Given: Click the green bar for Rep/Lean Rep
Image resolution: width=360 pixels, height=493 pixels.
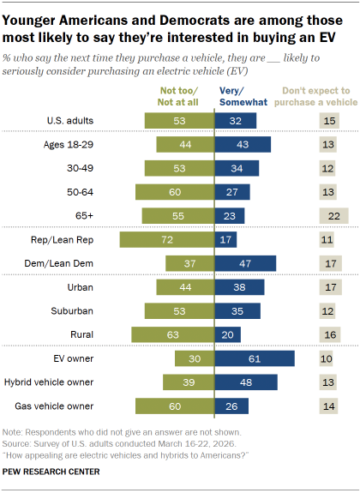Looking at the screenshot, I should point(166,242).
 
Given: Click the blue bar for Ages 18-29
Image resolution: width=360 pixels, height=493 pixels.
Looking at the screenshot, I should point(243,144).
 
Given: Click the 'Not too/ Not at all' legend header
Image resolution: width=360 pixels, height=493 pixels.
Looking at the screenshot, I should point(184,95).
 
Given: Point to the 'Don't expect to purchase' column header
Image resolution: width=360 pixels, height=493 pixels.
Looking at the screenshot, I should point(316,95).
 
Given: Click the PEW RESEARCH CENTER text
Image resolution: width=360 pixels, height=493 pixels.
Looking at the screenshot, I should point(51,472).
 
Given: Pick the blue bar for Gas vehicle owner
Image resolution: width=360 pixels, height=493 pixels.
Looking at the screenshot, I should point(231,405).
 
